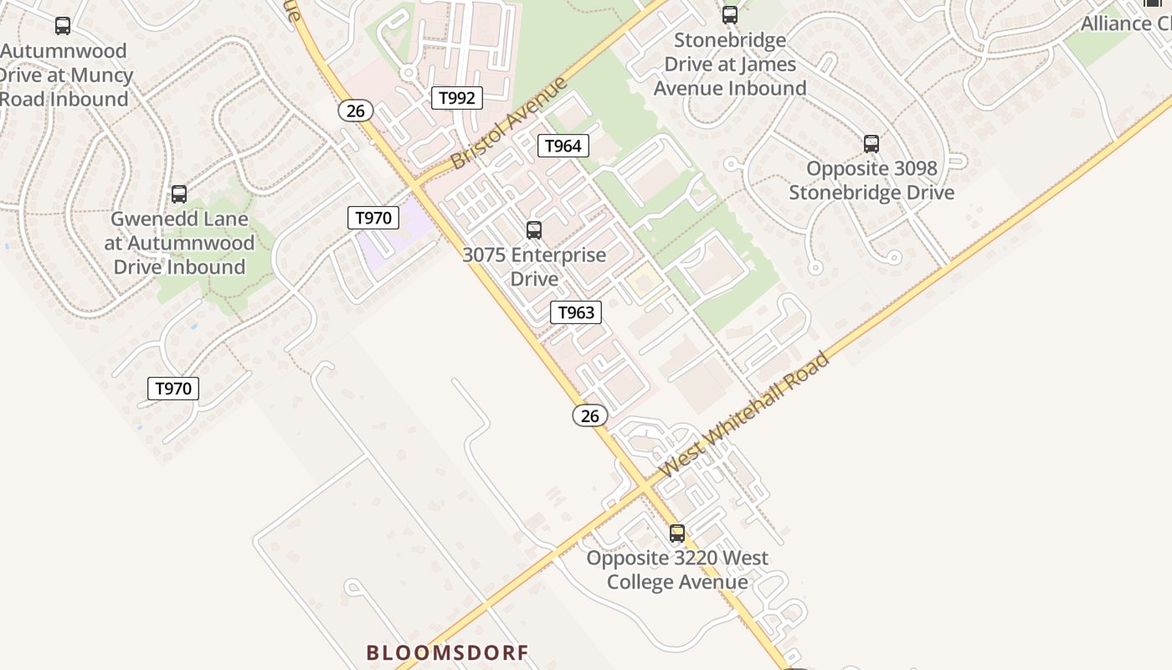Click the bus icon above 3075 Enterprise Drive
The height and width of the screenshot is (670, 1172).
coord(534,230)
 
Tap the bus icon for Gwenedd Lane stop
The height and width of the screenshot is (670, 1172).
coord(179,194)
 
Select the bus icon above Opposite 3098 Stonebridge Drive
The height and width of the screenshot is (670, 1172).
coord(871,144)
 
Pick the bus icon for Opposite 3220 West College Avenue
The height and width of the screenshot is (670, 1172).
coord(677,533)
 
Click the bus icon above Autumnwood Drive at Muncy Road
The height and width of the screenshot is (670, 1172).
coord(63,26)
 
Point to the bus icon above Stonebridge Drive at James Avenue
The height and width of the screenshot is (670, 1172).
coord(730,15)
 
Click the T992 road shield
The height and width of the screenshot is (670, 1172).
coord(457,98)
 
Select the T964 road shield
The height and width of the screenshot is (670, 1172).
coord(563,146)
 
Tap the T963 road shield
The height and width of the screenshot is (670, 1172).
coord(576,313)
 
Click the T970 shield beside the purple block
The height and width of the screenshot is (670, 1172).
coord(373,219)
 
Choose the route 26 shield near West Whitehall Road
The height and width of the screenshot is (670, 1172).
coord(590,415)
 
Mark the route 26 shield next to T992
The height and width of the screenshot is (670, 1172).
coord(356,111)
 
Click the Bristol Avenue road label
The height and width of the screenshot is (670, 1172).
coord(509,123)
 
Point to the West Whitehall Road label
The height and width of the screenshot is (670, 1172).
coord(745,415)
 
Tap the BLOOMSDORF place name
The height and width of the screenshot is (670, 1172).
coord(447,652)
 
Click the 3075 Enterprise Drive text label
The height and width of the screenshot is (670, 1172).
coord(534,266)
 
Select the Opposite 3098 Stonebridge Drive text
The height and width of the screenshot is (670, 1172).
coord(871,180)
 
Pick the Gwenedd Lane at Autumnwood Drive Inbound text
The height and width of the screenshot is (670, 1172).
coord(179,243)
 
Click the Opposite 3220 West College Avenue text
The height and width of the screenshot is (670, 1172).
coord(677,569)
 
